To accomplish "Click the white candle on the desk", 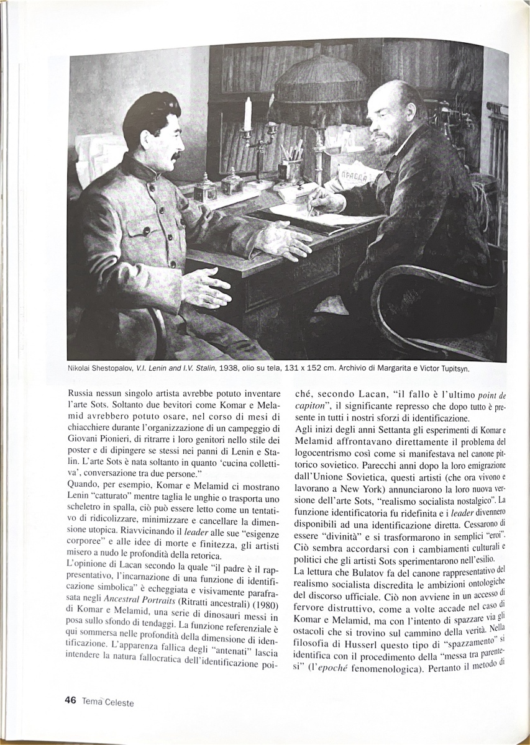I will click(x=248, y=114).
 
